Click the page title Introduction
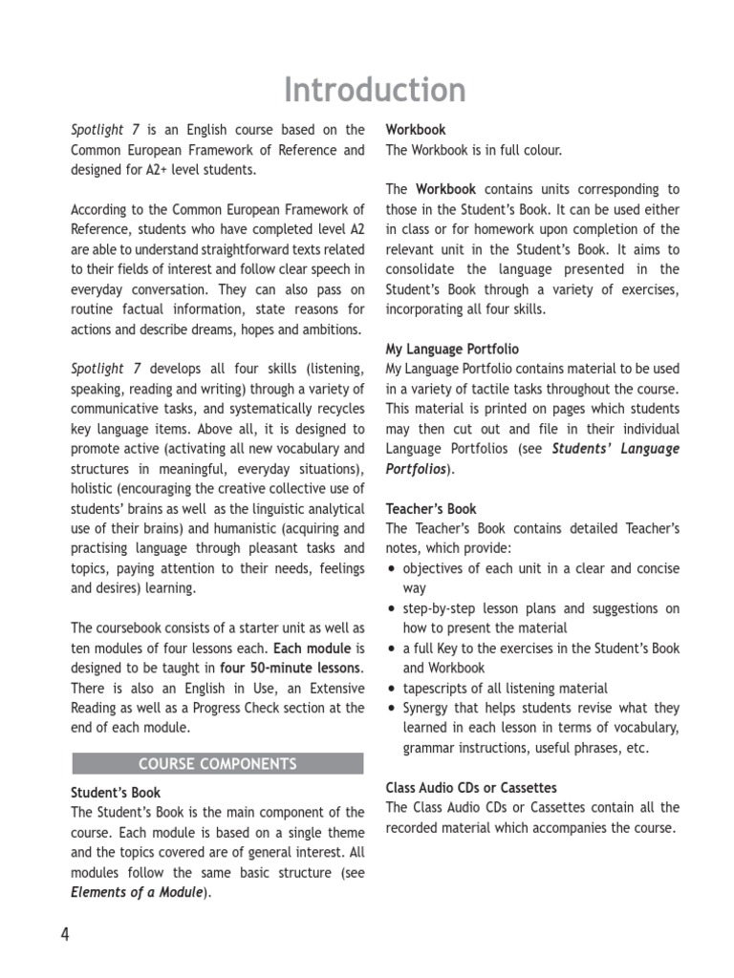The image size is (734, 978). click(375, 90)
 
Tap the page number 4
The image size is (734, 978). click(65, 935)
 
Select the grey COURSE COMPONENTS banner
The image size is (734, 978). click(218, 764)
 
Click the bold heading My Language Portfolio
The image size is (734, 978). click(452, 350)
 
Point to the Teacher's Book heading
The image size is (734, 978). click(430, 509)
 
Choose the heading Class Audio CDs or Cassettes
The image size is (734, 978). click(470, 788)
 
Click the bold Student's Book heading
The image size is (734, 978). click(116, 793)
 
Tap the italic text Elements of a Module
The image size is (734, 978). click(137, 893)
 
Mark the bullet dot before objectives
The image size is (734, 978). click(391, 569)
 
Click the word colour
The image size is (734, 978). click(543, 150)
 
